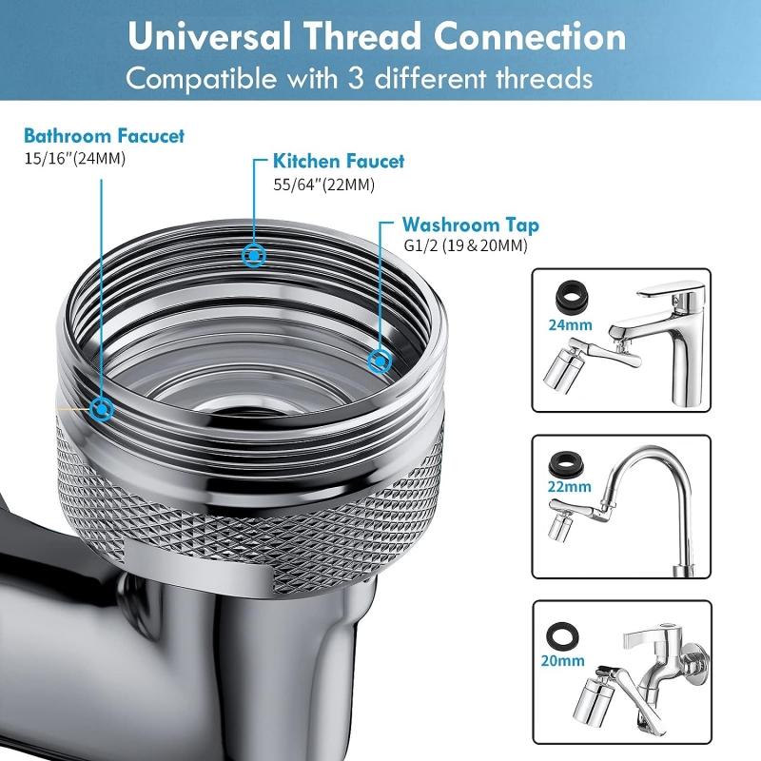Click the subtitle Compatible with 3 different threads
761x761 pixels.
click(360, 77)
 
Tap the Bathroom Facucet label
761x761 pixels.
click(105, 136)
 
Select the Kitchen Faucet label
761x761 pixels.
click(339, 162)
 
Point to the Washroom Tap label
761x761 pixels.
click(470, 225)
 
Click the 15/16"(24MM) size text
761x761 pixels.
click(75, 158)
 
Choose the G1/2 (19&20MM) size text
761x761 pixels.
click(464, 246)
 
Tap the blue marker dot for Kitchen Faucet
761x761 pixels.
click(254, 255)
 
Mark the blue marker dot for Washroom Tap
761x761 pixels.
click(378, 360)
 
